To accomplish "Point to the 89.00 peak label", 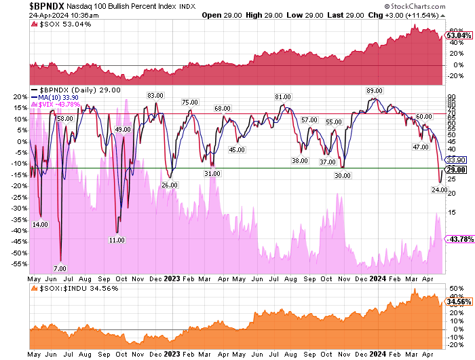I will (x=375, y=90).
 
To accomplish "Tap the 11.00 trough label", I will (x=117, y=240).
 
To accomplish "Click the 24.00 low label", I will (x=439, y=190).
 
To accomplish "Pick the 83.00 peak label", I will (x=156, y=95).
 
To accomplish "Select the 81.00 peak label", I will (x=284, y=97).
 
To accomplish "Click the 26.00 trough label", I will (x=169, y=184).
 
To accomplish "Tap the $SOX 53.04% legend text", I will (x=62, y=25).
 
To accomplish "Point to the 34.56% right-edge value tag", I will (x=457, y=300).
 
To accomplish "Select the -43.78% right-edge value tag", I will (x=457, y=239).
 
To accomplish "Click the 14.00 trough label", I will (x=40, y=224).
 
